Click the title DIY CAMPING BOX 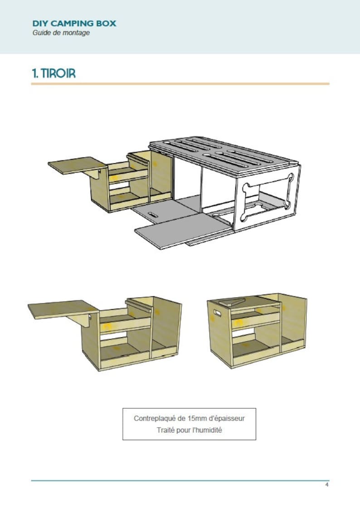coord(74,24)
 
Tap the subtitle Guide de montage coord(61,33)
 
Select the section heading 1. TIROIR coord(54,73)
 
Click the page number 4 coord(327,485)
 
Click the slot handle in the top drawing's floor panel coord(153,215)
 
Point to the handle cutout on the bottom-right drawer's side coord(217,313)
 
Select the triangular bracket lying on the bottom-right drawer coord(232,302)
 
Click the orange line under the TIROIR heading coord(180,84)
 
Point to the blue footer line coord(180,481)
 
